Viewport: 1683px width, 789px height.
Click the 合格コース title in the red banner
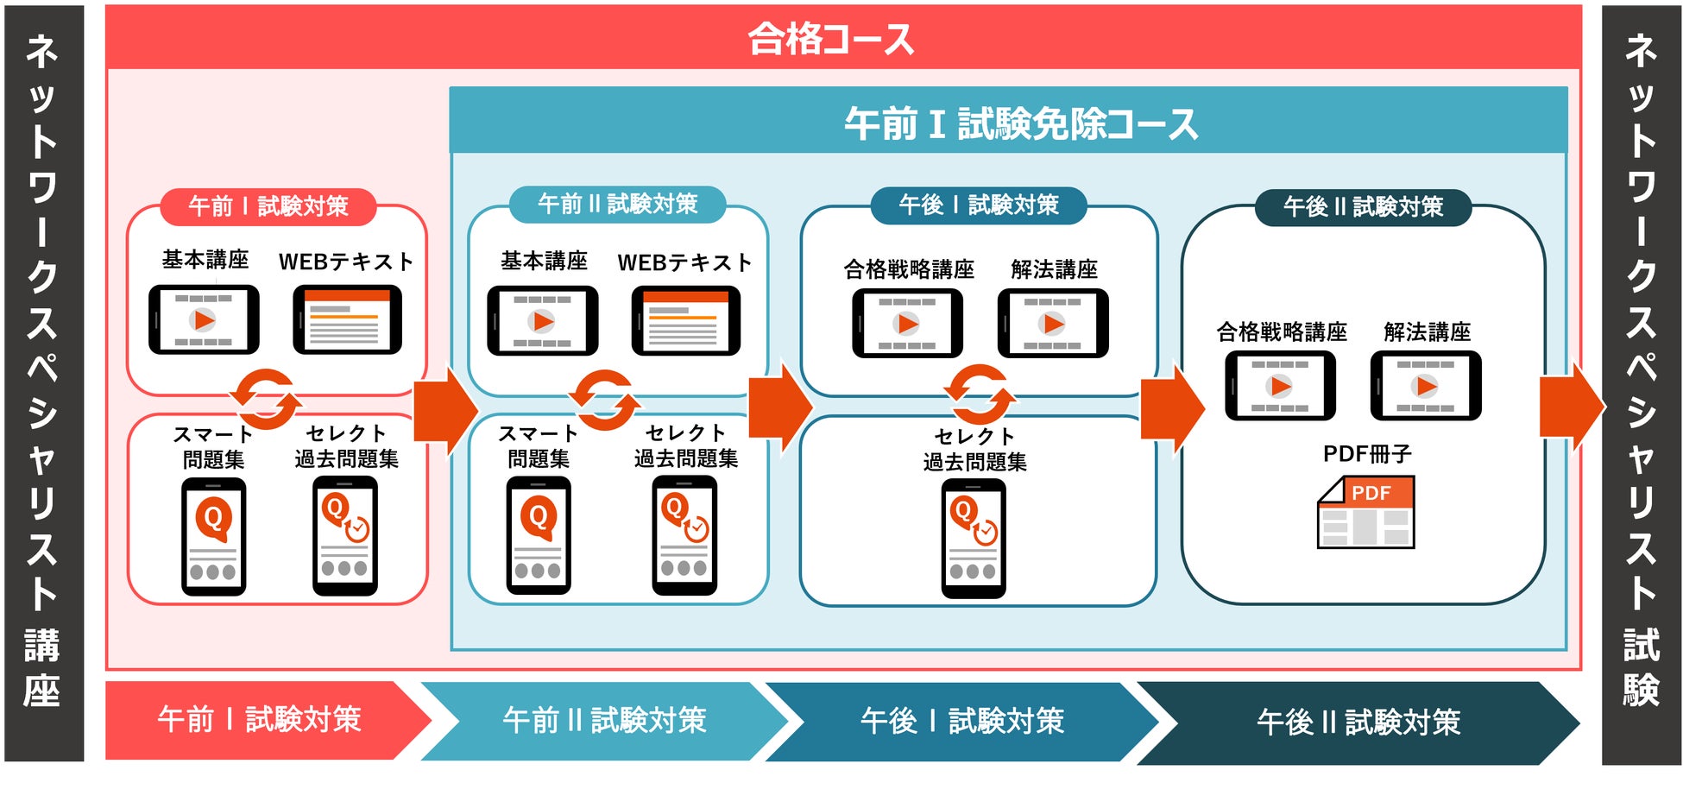coord(830,39)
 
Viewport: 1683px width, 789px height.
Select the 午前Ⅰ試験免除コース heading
coord(1020,123)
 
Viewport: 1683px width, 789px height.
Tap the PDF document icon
coord(1365,512)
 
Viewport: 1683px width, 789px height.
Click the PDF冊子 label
coord(1367,453)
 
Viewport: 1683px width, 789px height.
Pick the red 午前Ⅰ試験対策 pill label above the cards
coord(268,206)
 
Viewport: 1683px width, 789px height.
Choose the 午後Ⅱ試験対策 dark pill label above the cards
coord(1363,207)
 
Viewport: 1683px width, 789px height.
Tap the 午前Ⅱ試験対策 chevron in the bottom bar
coord(604,720)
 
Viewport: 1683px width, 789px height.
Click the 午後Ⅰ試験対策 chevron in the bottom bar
coord(961,721)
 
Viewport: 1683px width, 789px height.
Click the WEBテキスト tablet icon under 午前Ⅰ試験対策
coord(347,319)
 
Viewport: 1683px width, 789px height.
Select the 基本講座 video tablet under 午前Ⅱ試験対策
coord(542,321)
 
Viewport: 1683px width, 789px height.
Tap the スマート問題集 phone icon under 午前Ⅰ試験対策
coord(213,536)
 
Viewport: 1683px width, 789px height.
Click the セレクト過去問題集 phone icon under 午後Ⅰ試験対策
coord(974,539)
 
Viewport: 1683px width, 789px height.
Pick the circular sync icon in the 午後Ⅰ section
coord(980,394)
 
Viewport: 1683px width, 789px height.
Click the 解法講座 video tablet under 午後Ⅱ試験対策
coord(1426,385)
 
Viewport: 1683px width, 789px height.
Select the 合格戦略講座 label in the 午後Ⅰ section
coord(909,269)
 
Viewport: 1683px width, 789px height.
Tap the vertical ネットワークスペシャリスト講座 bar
coord(43,383)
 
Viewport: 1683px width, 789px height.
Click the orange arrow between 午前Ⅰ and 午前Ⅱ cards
coord(445,409)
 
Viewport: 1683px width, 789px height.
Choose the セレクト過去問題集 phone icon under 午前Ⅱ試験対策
coord(684,535)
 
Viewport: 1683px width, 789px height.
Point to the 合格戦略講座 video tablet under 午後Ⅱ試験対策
coord(1280,385)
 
